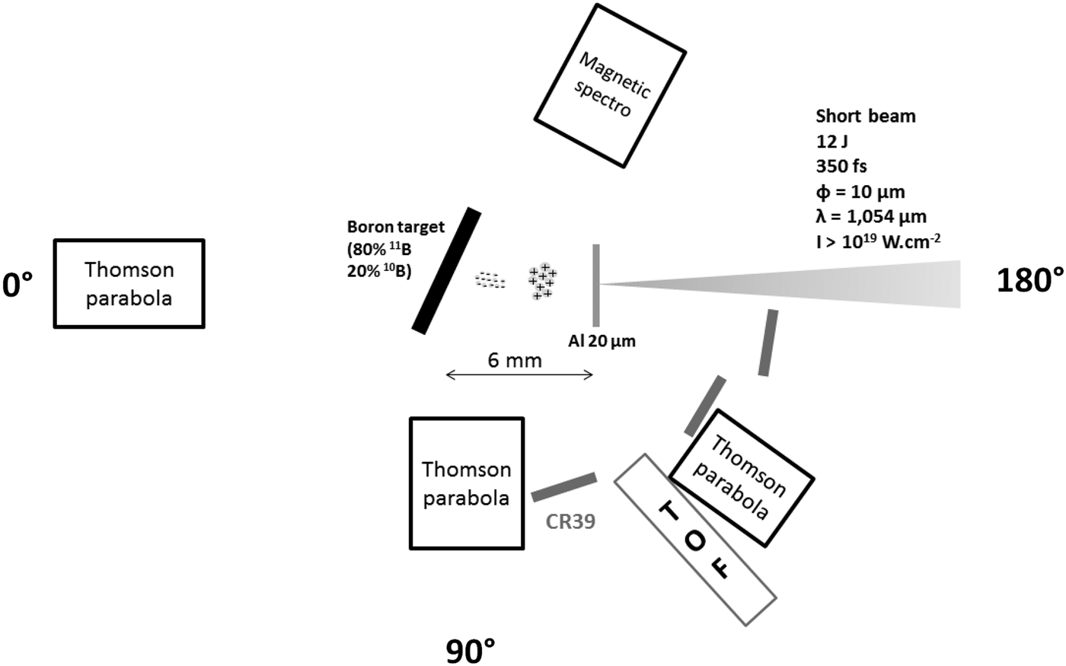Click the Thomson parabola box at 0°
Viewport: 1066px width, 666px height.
tap(129, 283)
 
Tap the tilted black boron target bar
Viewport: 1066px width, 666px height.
tap(447, 271)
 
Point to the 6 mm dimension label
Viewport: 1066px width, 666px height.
tap(515, 360)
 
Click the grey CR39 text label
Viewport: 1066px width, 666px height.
tap(570, 521)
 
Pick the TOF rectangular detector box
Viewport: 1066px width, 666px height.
tap(694, 540)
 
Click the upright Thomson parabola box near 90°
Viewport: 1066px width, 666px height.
tap(466, 483)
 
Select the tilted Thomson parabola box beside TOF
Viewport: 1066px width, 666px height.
tap(742, 478)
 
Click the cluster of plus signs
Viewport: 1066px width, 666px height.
tap(542, 282)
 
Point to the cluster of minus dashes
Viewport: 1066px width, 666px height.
tap(491, 280)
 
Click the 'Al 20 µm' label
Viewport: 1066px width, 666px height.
tap(602, 342)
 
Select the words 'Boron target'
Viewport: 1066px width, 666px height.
tap(395, 227)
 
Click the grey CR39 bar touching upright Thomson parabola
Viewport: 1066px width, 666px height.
tap(563, 486)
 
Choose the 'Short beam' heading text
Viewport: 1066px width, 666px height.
tap(866, 116)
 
